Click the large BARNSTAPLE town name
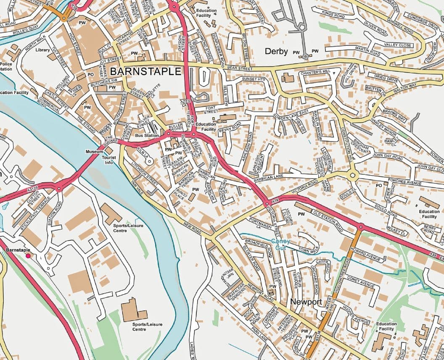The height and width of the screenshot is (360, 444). tap(145, 71)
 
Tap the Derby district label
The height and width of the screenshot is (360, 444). tap(276, 52)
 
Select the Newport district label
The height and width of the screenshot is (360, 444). tap(306, 302)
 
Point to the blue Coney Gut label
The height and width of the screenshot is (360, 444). tap(280, 244)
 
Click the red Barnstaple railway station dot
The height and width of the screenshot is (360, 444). tap(28, 255)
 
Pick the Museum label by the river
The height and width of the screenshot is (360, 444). tap(94, 151)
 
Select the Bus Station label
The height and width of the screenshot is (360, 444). tap(147, 136)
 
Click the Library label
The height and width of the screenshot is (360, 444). tap(43, 50)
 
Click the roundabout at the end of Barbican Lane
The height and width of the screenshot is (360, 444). tap(352, 176)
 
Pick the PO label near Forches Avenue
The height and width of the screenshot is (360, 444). tap(378, 185)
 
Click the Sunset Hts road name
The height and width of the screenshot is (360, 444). tap(254, 79)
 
